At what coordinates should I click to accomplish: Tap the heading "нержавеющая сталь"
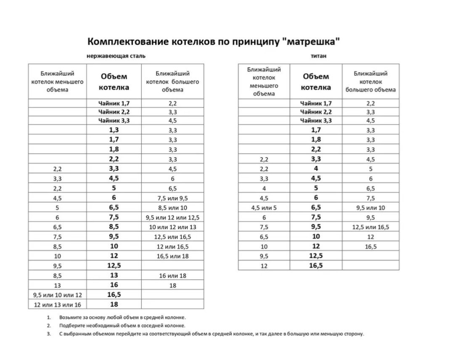pyautogui.click(x=116, y=56)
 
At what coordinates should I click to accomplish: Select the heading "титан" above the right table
pyautogui.click(x=319, y=56)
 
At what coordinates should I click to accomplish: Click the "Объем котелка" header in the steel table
pyautogui.click(x=114, y=82)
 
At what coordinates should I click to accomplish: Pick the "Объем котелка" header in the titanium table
pyautogui.click(x=316, y=82)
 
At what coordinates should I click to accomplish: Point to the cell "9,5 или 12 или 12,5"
pyautogui.click(x=172, y=217)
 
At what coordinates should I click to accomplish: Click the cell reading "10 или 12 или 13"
pyautogui.click(x=172, y=227)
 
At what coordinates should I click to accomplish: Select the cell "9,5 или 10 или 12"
pyautogui.click(x=57, y=295)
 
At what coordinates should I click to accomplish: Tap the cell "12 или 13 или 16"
pyautogui.click(x=57, y=304)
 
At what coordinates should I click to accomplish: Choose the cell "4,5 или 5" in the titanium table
pyautogui.click(x=264, y=208)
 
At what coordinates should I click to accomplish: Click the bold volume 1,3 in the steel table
pyautogui.click(x=114, y=130)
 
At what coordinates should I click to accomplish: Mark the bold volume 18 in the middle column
pyautogui.click(x=114, y=304)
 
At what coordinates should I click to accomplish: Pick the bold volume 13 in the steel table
pyautogui.click(x=114, y=275)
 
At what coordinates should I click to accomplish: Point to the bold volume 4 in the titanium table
pyautogui.click(x=316, y=169)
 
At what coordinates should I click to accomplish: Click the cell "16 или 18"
pyautogui.click(x=172, y=276)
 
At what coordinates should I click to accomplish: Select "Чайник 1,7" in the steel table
pyautogui.click(x=114, y=103)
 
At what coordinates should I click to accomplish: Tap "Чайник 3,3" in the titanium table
pyautogui.click(x=316, y=121)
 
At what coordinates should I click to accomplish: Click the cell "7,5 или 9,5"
pyautogui.click(x=172, y=198)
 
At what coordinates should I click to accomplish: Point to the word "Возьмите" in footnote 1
pyautogui.click(x=71, y=318)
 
